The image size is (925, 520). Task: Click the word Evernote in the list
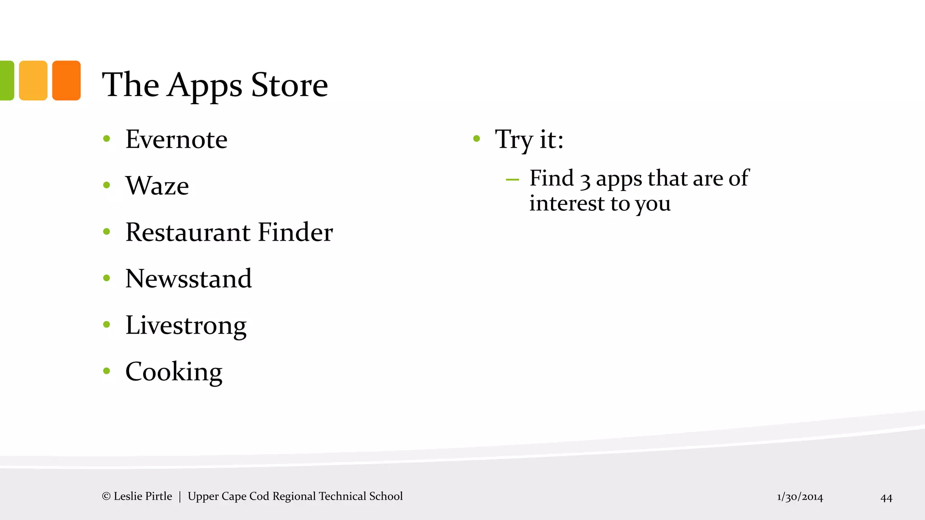176,139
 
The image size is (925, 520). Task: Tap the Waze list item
157,186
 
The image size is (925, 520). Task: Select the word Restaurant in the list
187,232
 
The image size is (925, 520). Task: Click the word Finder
295,232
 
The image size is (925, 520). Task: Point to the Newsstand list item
188,279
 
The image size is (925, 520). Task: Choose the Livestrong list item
186,325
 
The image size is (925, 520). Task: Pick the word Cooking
174,372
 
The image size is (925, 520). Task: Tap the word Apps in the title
205,85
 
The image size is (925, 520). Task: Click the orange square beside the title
66,80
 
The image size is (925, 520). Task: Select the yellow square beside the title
33,80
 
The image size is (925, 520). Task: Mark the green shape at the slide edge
6,80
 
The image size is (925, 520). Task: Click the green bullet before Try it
476,139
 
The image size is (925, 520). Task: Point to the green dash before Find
512,180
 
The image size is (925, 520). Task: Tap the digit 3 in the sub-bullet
585,180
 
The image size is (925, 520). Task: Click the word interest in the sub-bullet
566,204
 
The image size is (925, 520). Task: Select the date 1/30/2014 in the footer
800,497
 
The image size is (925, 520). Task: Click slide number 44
886,498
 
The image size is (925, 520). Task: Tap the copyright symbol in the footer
106,497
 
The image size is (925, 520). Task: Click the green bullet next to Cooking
107,371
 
